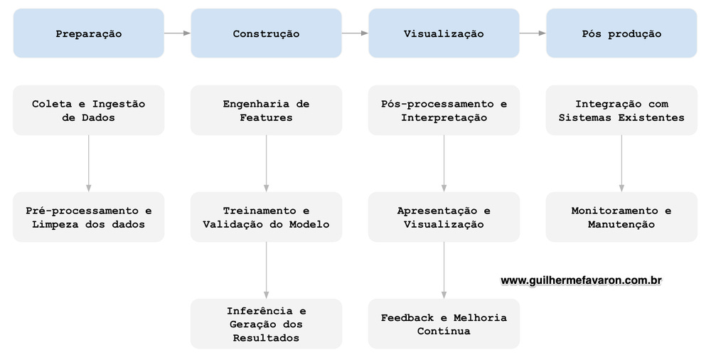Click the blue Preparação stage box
[88, 33]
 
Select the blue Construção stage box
[266, 33]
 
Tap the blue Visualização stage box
[444, 33]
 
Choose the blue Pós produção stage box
[621, 33]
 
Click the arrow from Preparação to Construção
[177, 33]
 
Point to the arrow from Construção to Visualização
[355, 33]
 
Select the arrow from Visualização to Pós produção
[533, 33]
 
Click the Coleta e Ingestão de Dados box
[88, 110]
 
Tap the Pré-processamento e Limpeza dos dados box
[88, 217]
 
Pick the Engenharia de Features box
[266, 110]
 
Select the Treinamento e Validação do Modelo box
[266, 217]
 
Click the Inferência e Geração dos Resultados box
[266, 324]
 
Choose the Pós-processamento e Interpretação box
[444, 110]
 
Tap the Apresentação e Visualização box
[444, 217]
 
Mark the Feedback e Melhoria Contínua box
[444, 324]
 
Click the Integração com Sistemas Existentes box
[621, 110]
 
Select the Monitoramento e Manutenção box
[621, 217]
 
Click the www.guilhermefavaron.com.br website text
[582, 281]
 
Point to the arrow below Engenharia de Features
[266, 163]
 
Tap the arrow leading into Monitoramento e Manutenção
[621, 163]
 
